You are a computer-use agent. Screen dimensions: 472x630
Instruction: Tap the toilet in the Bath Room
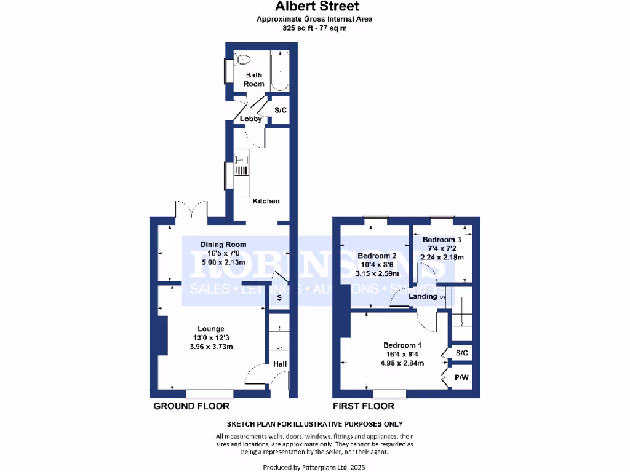point(244,60)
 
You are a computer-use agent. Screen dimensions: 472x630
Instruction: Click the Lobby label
point(250,119)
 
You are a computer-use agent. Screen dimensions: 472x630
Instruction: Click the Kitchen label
point(266,201)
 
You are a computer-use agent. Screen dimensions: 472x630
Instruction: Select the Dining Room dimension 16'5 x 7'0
point(210,253)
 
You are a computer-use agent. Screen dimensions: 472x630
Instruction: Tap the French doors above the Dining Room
point(190,210)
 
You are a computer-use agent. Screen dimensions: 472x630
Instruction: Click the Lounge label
point(210,328)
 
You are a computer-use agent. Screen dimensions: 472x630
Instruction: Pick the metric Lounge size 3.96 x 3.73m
point(210,347)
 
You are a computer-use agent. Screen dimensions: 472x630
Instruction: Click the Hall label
point(280,364)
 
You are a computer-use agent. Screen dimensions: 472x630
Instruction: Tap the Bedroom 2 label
point(377,256)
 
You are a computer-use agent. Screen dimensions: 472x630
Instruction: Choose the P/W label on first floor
point(461,377)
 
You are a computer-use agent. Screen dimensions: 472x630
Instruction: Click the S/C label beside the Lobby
point(281,111)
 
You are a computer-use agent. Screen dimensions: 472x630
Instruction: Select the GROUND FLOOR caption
point(191,406)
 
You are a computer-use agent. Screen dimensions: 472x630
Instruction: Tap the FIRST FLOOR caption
point(364,406)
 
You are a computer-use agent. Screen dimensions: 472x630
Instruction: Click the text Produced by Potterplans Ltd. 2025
point(314,467)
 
